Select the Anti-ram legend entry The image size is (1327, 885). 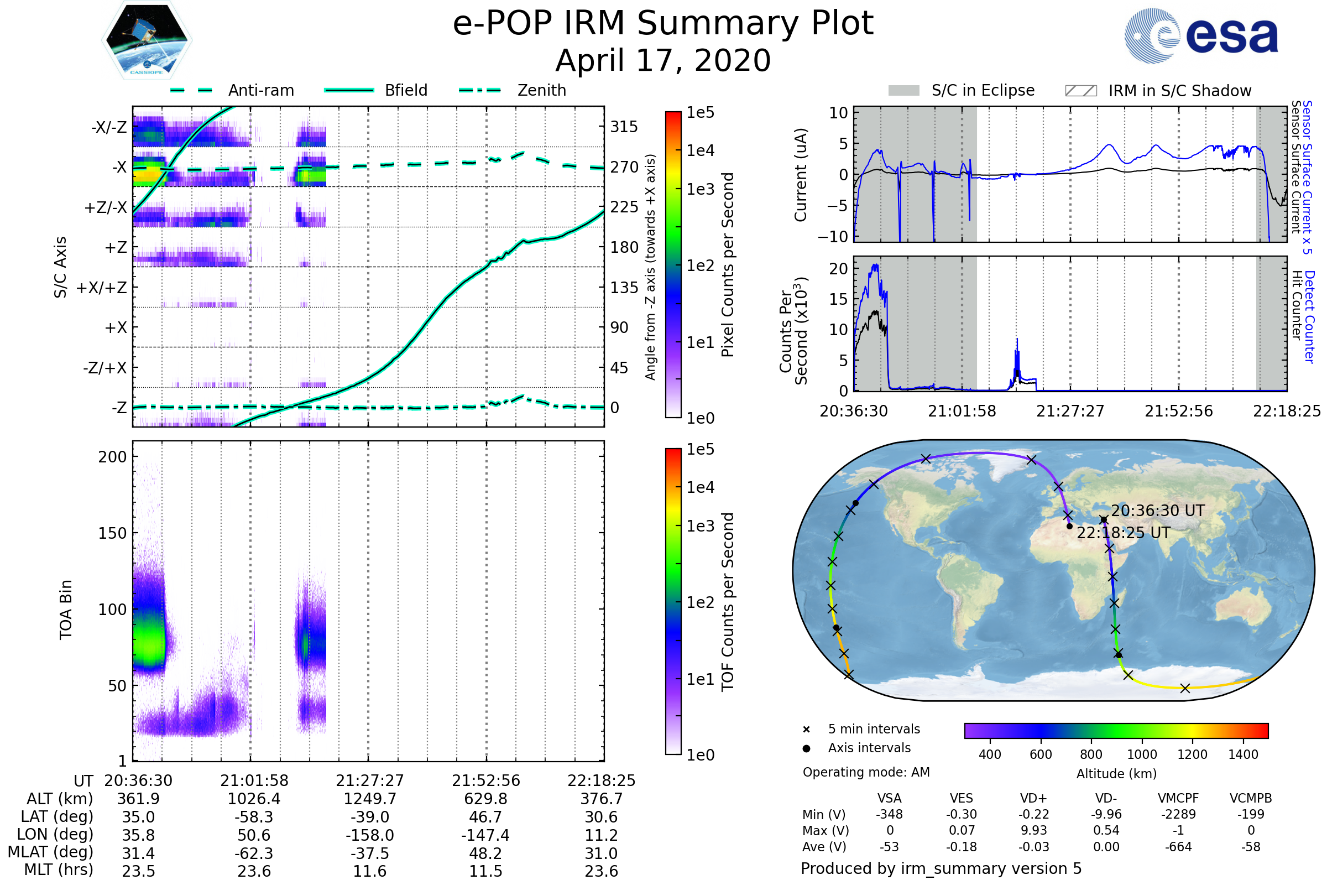[x=232, y=90]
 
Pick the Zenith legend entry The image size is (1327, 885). [x=513, y=90]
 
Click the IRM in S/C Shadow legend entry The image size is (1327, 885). [x=1158, y=91]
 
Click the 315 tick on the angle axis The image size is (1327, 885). [x=624, y=127]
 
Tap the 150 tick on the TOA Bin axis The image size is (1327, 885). [x=112, y=533]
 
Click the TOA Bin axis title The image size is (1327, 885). [x=66, y=610]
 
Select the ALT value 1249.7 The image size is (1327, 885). [x=369, y=799]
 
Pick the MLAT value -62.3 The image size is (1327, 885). [x=254, y=853]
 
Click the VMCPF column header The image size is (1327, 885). [x=1178, y=799]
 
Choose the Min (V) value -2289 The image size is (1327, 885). [x=1178, y=814]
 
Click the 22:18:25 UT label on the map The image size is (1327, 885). [x=1124, y=533]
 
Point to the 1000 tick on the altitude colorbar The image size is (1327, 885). [x=1141, y=754]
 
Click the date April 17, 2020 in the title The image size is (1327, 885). [x=663, y=61]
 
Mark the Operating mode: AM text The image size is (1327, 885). [x=866, y=772]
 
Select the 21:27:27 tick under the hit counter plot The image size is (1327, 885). [x=1070, y=411]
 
